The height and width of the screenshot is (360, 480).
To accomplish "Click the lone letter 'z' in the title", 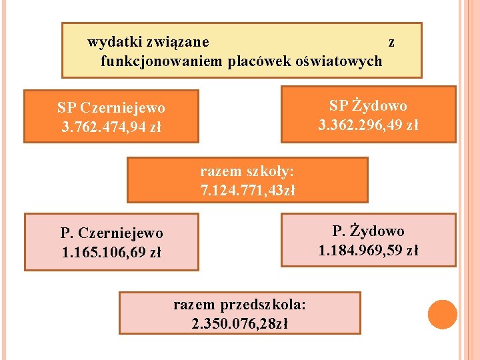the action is pyautogui.click(x=391, y=42).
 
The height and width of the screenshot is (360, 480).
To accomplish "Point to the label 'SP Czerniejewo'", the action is pyautogui.click(x=111, y=107).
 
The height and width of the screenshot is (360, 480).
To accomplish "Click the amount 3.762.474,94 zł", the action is pyautogui.click(x=111, y=126).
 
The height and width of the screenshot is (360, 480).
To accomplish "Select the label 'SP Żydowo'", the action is pyautogui.click(x=368, y=105).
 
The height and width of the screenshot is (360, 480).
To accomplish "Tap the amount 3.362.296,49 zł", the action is pyautogui.click(x=368, y=125).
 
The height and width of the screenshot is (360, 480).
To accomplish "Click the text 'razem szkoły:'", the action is pyautogui.click(x=247, y=171).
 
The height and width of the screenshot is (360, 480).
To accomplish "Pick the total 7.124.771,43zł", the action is pyautogui.click(x=247, y=191).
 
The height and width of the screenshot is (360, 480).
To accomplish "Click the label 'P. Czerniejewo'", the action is pyautogui.click(x=111, y=233).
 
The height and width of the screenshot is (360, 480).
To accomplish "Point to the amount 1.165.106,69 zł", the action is pyautogui.click(x=111, y=253).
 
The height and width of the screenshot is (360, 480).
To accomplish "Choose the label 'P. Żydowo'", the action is pyautogui.click(x=368, y=231).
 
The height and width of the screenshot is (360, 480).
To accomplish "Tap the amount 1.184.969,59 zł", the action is pyautogui.click(x=368, y=251).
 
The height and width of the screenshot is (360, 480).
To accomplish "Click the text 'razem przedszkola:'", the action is pyautogui.click(x=239, y=305).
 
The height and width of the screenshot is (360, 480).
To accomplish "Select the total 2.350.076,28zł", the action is pyautogui.click(x=239, y=324).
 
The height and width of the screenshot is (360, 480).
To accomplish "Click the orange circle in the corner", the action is pyautogui.click(x=442, y=315).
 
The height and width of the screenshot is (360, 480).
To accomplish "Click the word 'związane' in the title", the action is pyautogui.click(x=178, y=42).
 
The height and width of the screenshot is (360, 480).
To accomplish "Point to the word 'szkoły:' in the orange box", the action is pyautogui.click(x=269, y=171).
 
